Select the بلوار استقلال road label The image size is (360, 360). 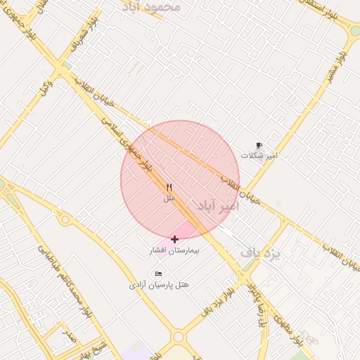[316, 11]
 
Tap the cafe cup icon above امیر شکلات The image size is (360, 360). [259, 145]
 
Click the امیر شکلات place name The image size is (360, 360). [259, 155]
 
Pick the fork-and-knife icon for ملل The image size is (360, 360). [169, 188]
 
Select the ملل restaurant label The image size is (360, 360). [169, 199]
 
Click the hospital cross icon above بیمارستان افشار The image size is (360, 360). [174, 239]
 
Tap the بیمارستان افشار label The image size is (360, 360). [174, 250]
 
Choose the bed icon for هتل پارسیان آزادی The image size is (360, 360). [158, 274]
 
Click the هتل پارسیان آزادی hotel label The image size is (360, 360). [159, 285]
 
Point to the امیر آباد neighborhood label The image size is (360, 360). [217, 207]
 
